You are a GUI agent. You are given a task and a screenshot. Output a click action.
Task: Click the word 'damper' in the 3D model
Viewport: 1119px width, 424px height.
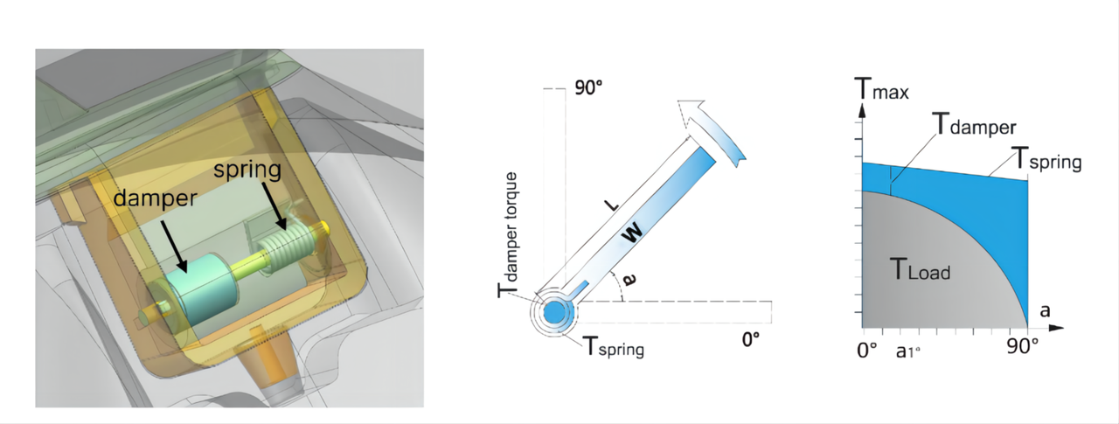(156, 198)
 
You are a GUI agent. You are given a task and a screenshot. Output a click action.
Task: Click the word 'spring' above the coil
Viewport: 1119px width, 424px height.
(247, 170)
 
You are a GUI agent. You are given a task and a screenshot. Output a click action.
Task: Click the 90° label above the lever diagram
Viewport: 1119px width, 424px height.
(588, 88)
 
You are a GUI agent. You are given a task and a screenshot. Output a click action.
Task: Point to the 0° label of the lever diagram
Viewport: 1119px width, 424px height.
(751, 340)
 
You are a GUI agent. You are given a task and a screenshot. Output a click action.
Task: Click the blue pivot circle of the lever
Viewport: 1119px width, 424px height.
(554, 313)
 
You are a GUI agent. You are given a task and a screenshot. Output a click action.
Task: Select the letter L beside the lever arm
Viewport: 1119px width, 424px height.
(611, 205)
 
